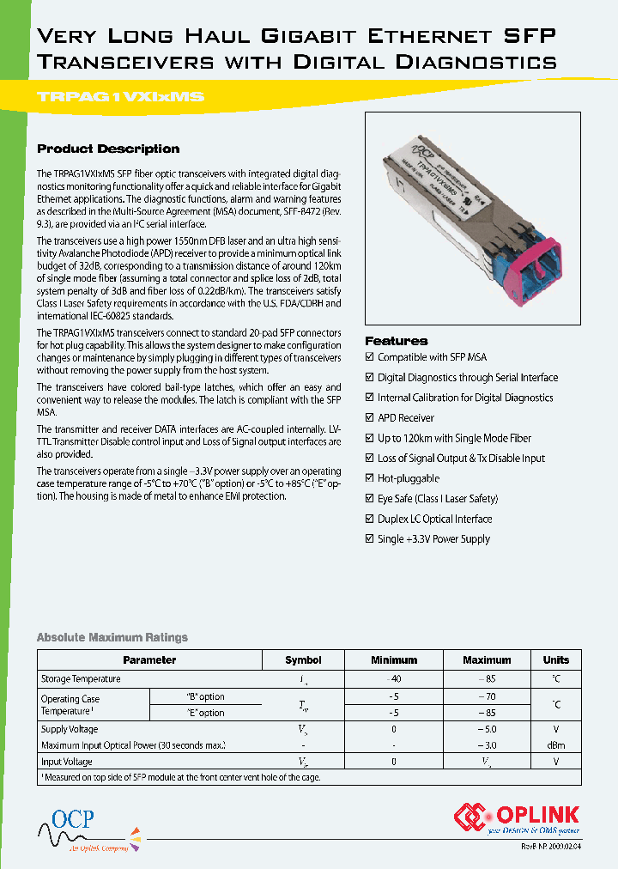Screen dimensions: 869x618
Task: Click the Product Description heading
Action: pyautogui.click(x=108, y=149)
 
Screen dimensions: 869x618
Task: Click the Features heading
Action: pyautogui.click(x=397, y=341)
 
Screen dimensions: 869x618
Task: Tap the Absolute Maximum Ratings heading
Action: pyautogui.click(x=112, y=637)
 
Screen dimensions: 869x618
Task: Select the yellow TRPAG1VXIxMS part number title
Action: pyautogui.click(x=121, y=97)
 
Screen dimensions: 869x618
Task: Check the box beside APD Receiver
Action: pyautogui.click(x=370, y=418)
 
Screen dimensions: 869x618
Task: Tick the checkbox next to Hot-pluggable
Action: pyautogui.click(x=370, y=478)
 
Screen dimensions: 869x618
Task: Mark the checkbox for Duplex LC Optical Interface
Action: pyautogui.click(x=370, y=520)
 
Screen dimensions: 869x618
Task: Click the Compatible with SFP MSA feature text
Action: pyautogui.click(x=432, y=357)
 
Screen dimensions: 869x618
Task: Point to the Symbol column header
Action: pyautogui.click(x=303, y=660)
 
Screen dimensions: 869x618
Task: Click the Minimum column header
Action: pyautogui.click(x=394, y=660)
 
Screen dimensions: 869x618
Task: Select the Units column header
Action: pyautogui.click(x=555, y=660)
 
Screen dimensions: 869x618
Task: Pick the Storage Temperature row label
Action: pyautogui.click(x=81, y=679)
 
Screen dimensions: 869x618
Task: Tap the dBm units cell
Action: pyautogui.click(x=555, y=745)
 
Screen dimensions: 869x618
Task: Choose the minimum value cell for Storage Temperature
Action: pyautogui.click(x=394, y=679)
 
